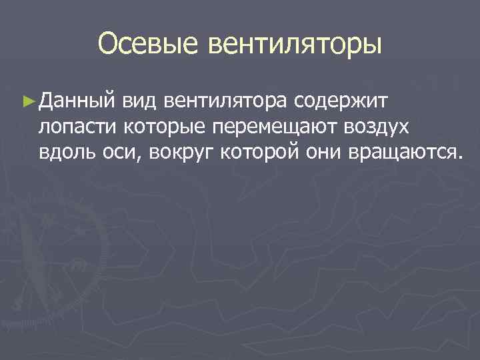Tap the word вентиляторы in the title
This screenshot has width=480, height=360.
tap(296, 45)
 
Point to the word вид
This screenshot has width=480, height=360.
tap(140, 101)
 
